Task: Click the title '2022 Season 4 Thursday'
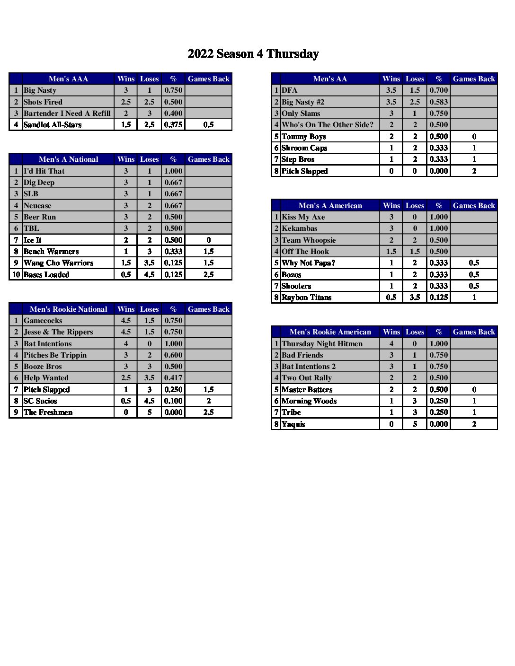coord(253,54)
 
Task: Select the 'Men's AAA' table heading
coord(68,79)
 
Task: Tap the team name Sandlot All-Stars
coord(53,125)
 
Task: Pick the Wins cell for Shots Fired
coord(126,102)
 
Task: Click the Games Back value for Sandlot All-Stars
coord(208,125)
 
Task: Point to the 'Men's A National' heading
coord(68,159)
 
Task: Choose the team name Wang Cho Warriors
coord(58,263)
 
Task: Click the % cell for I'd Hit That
coord(173,171)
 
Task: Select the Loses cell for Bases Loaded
coord(150,275)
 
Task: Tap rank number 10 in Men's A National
coord(16,275)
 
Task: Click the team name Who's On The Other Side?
coord(328,125)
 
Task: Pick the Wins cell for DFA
coord(391,90)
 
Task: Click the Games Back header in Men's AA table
coord(474,79)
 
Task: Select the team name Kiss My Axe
coord(303,217)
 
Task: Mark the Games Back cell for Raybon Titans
coord(474,298)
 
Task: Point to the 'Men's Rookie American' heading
coord(330,332)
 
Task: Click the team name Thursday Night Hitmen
coord(322,344)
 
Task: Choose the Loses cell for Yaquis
coord(415,424)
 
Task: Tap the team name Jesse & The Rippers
coord(58,332)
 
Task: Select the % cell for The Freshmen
coord(173,412)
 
